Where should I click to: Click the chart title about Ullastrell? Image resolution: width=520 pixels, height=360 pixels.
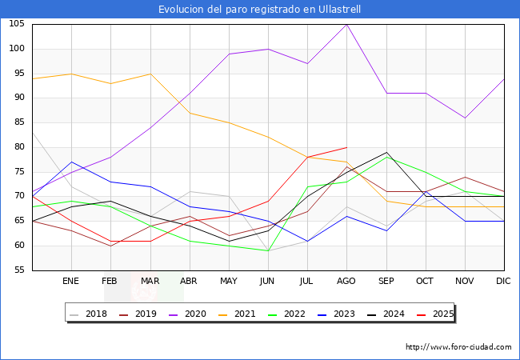click(x=260, y=10)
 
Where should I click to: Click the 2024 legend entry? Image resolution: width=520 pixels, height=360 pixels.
click(x=390, y=314)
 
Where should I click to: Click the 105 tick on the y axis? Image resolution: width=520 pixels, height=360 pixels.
click(x=16, y=25)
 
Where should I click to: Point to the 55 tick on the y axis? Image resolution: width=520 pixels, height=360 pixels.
click(x=18, y=270)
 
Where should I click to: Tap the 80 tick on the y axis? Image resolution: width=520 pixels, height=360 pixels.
click(x=18, y=147)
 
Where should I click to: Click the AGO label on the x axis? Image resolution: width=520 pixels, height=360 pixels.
click(x=346, y=281)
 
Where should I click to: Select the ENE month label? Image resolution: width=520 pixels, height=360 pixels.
click(x=71, y=281)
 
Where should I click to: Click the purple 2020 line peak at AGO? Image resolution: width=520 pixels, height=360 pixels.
click(x=346, y=25)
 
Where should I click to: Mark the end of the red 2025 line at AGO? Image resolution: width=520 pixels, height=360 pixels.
click(x=346, y=147)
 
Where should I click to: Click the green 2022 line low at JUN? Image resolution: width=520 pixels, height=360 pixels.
click(x=268, y=250)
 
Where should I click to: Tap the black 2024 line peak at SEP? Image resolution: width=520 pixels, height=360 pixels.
click(x=386, y=152)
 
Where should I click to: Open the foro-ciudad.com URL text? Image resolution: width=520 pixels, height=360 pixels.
click(x=458, y=347)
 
